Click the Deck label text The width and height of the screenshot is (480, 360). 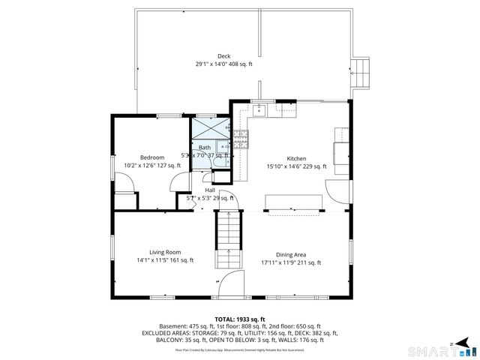pyautogui.click(x=223, y=56)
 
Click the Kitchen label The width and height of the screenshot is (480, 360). pyautogui.click(x=296, y=158)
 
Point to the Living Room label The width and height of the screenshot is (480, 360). pyautogui.click(x=165, y=252)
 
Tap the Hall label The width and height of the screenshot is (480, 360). pyautogui.click(x=210, y=190)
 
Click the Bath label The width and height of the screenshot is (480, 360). pyautogui.click(x=204, y=148)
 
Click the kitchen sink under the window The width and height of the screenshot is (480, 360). pyautogui.click(x=260, y=112)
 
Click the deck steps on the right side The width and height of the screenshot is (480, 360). pyautogui.click(x=362, y=72)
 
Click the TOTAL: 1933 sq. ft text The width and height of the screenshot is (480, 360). pyautogui.click(x=240, y=319)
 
